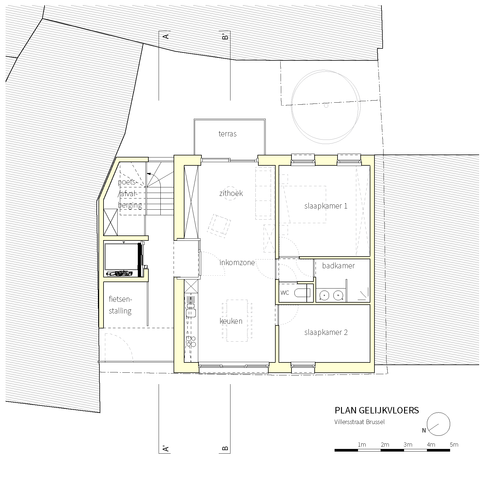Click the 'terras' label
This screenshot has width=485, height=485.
[x=227, y=134]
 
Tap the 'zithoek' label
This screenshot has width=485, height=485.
[x=231, y=194]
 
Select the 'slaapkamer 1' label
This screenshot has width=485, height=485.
[x=326, y=206]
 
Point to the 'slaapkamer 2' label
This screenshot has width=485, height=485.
[x=326, y=333]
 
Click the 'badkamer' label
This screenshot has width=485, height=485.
[x=338, y=266]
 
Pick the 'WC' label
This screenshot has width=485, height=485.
[x=285, y=293]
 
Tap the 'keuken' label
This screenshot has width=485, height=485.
[x=231, y=321]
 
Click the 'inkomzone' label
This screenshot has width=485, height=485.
[x=237, y=263]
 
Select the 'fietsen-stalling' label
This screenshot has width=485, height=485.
[x=121, y=305]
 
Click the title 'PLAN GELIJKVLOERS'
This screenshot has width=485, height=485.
[x=377, y=410]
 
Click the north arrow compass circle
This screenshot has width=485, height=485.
[x=438, y=424]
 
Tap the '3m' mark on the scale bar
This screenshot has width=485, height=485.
[x=408, y=445]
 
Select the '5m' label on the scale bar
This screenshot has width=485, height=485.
[x=454, y=445]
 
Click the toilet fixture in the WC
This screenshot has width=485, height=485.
[x=302, y=293]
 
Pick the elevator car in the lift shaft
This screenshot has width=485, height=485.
[x=121, y=257]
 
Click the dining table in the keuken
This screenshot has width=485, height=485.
[x=237, y=320]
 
